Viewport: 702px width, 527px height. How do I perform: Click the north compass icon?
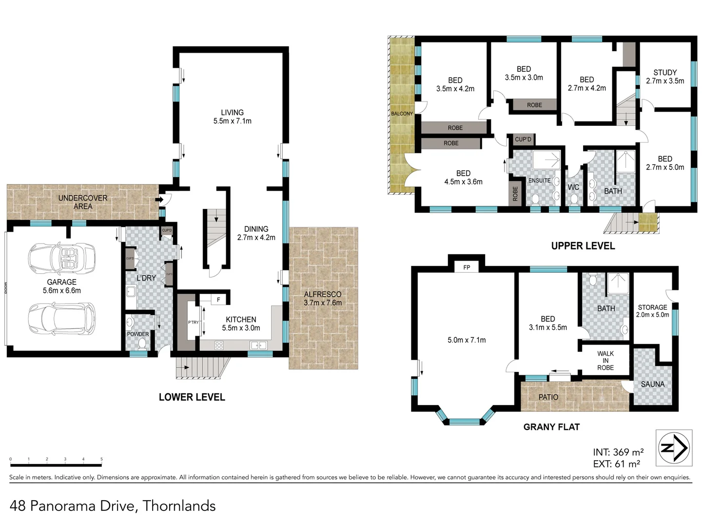point(674,447)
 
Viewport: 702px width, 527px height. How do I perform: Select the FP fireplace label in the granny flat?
point(467,267)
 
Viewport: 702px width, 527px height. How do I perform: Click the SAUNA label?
point(652,384)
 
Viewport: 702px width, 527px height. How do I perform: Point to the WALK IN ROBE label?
point(605,361)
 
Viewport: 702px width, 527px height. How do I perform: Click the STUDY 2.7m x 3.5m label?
point(665,77)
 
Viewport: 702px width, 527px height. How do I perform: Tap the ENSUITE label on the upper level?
point(539,181)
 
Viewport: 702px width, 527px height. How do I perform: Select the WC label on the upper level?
point(573,187)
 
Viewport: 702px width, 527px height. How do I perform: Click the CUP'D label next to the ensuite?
point(523,140)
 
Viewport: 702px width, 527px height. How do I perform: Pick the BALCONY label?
point(402,114)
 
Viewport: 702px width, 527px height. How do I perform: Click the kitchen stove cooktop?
point(219,345)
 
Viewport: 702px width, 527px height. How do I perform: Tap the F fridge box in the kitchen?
point(218,300)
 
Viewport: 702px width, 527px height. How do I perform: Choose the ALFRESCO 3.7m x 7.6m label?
point(323,298)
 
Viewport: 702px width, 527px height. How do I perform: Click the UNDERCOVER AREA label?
point(83,202)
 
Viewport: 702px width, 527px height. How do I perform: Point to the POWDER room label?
point(138,334)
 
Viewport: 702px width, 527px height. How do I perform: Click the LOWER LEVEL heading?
point(192,397)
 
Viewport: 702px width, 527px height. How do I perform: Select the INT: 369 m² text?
point(618,452)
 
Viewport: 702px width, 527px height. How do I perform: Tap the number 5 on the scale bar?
point(101,459)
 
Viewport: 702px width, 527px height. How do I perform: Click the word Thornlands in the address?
point(179,506)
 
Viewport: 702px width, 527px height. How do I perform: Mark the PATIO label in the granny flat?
point(548,397)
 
